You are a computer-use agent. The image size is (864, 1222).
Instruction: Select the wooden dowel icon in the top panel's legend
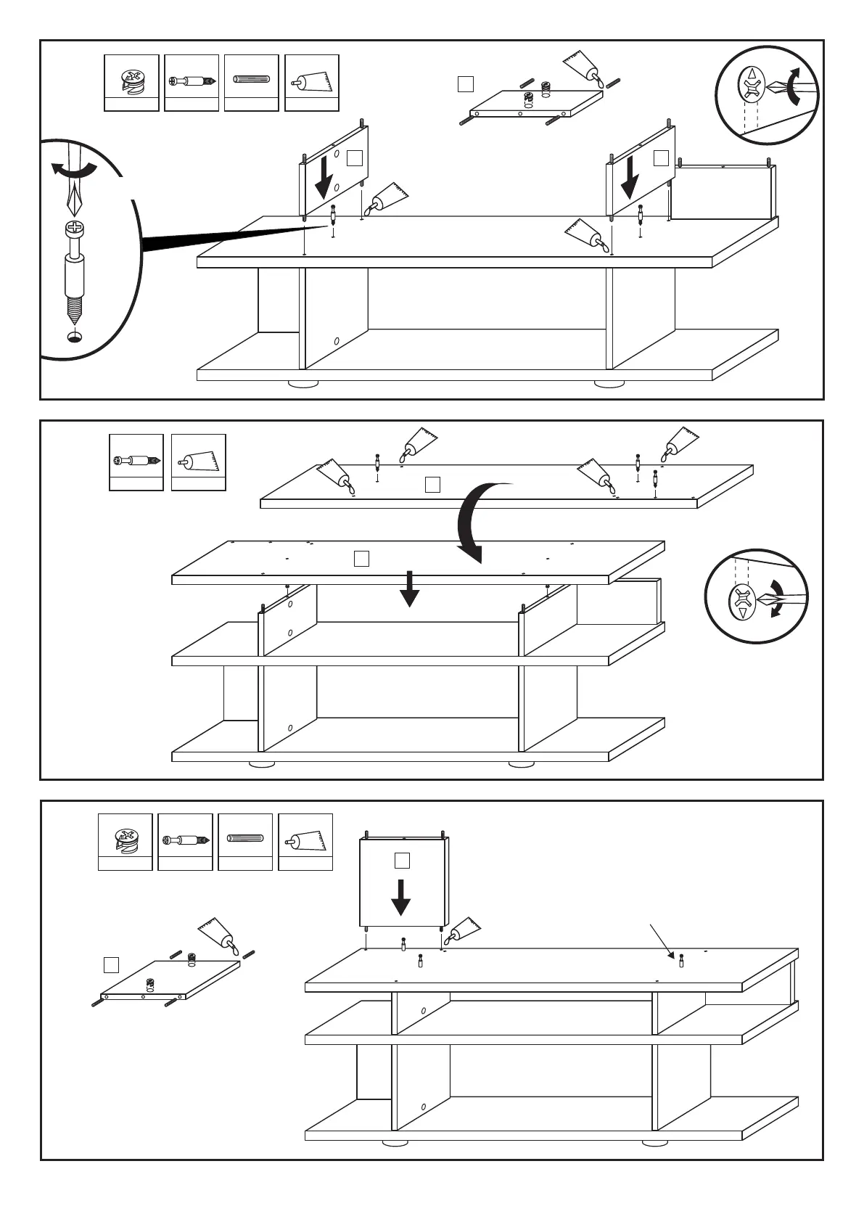pyautogui.click(x=252, y=79)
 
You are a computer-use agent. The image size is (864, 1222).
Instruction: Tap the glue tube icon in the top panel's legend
pyautogui.click(x=312, y=81)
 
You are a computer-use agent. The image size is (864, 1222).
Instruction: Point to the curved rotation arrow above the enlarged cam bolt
pyautogui.click(x=74, y=170)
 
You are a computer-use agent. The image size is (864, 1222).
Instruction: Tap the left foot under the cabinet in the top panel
pyautogui.click(x=303, y=383)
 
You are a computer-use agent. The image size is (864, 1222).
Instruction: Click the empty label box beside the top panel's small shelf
pyautogui.click(x=466, y=84)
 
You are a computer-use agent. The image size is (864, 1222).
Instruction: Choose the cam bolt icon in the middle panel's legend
pyautogui.click(x=136, y=460)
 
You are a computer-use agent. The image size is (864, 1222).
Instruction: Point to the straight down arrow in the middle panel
pyautogui.click(x=410, y=588)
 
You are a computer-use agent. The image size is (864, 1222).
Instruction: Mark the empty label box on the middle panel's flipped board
pyautogui.click(x=432, y=485)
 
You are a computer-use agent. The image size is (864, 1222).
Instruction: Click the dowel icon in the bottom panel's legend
pyautogui.click(x=245, y=839)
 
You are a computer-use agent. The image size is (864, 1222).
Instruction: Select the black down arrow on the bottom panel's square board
pyautogui.click(x=400, y=897)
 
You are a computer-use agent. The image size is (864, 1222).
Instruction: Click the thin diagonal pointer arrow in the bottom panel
pyautogui.click(x=663, y=940)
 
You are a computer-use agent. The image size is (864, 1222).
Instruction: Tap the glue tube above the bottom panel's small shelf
pyautogui.click(x=219, y=935)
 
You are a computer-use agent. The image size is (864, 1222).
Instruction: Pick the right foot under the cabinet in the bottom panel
pyautogui.click(x=655, y=1141)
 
